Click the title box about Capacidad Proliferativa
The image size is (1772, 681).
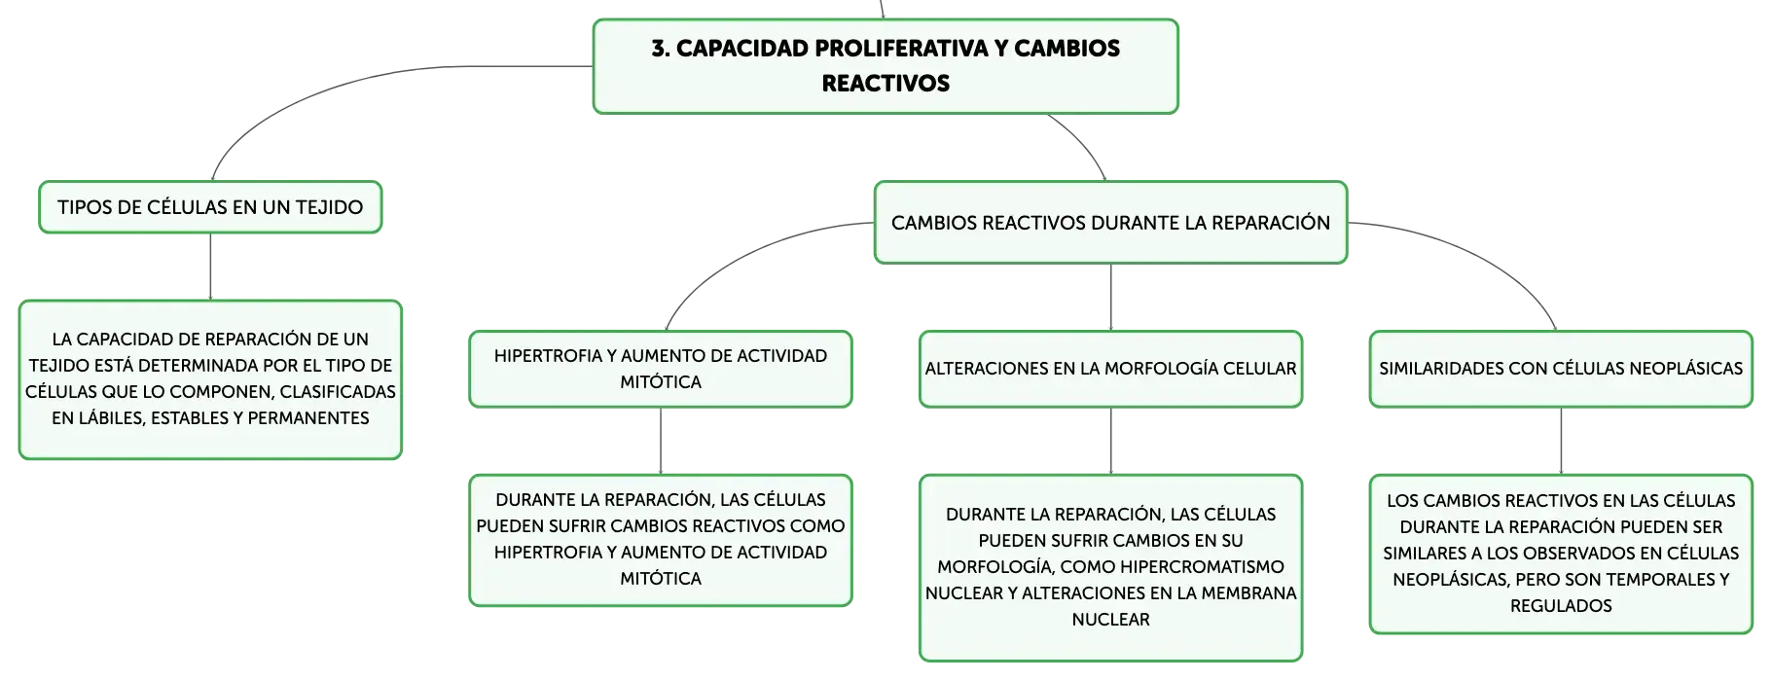pos(886,66)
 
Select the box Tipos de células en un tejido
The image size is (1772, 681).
pos(210,207)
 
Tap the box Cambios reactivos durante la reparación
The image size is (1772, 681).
pos(1110,223)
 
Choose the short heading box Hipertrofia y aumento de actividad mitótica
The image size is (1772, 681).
pos(661,369)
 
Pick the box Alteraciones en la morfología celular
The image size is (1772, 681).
pos(1110,369)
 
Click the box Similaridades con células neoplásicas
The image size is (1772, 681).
pos(1561,369)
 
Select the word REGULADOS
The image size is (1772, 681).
pos(1561,606)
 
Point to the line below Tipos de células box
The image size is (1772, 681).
pos(210,267)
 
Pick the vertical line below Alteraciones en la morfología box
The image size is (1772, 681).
pos(1110,441)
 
